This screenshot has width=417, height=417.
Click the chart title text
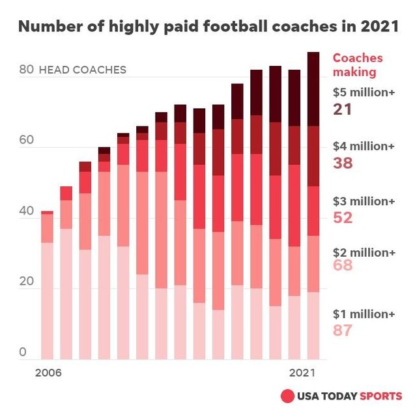tap(207, 28)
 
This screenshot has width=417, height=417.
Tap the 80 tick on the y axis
tap(26, 70)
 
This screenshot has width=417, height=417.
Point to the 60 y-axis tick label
tap(26, 141)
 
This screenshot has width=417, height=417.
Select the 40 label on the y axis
tap(26, 211)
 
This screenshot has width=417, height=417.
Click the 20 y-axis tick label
tap(26, 282)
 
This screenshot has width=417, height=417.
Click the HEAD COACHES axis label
tap(83, 70)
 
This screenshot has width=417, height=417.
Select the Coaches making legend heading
tap(358, 65)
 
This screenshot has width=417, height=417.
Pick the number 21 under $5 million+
tap(342, 109)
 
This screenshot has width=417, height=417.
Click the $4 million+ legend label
tap(364, 147)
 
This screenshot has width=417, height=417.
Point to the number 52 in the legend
tap(342, 218)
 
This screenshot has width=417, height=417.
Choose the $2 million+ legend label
tap(364, 252)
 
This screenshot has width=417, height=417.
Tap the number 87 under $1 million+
tap(342, 330)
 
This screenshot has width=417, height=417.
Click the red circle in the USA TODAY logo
tap(287, 396)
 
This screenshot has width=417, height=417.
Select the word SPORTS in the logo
tap(381, 396)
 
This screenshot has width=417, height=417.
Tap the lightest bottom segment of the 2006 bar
tap(47, 300)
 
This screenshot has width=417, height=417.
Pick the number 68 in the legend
tap(342, 265)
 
